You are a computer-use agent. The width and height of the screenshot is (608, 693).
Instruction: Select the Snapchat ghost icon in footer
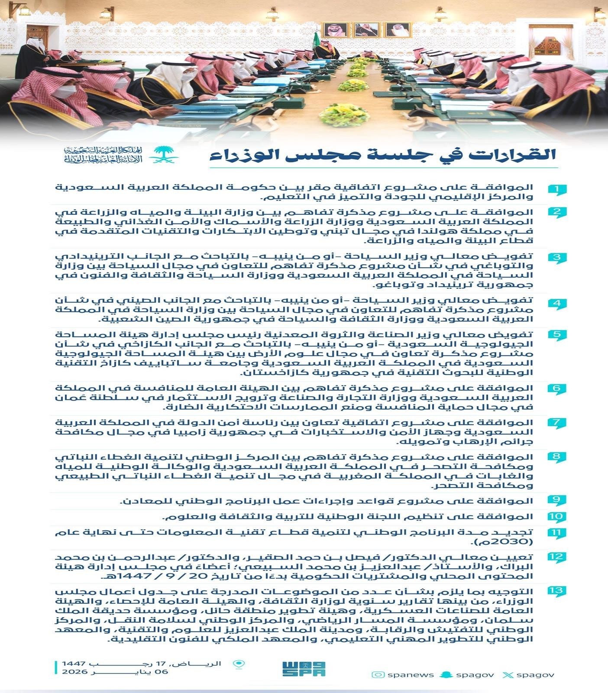click(x=447, y=674)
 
